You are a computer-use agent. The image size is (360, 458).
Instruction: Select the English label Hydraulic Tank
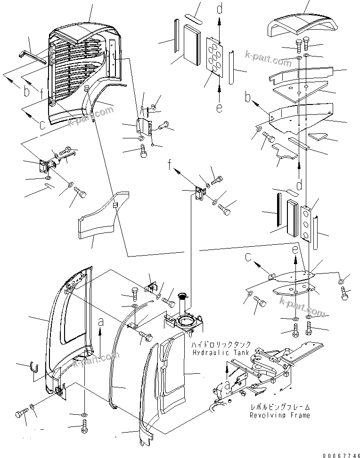pyautogui.click(x=221, y=353)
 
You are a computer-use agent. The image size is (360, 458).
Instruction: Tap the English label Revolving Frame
pyautogui.click(x=280, y=416)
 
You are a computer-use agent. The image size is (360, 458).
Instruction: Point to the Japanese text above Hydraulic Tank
pyautogui.click(x=221, y=345)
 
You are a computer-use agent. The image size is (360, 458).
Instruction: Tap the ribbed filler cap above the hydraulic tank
pyautogui.click(x=183, y=298)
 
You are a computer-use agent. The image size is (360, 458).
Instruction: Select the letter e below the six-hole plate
pyautogui.click(x=219, y=108)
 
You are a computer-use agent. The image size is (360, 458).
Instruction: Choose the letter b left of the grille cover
pyautogui.click(x=27, y=92)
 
